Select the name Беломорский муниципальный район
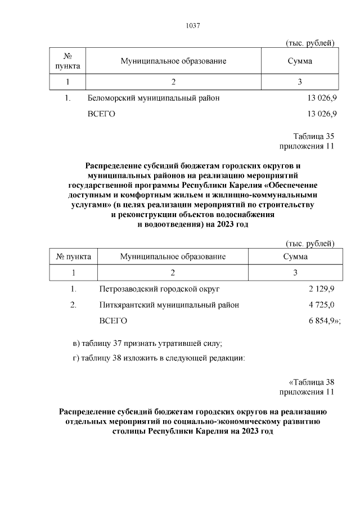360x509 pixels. [154, 98]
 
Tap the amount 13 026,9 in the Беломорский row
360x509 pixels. [321, 98]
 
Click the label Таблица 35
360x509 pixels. [314, 136]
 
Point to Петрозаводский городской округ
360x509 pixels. [159, 289]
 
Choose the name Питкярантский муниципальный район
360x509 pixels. [169, 305]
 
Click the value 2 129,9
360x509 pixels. [321, 289]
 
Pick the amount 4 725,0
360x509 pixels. [321, 305]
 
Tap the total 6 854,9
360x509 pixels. [321, 321]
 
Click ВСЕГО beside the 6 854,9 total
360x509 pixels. [113, 321]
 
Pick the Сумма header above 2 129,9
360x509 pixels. [296, 256]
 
